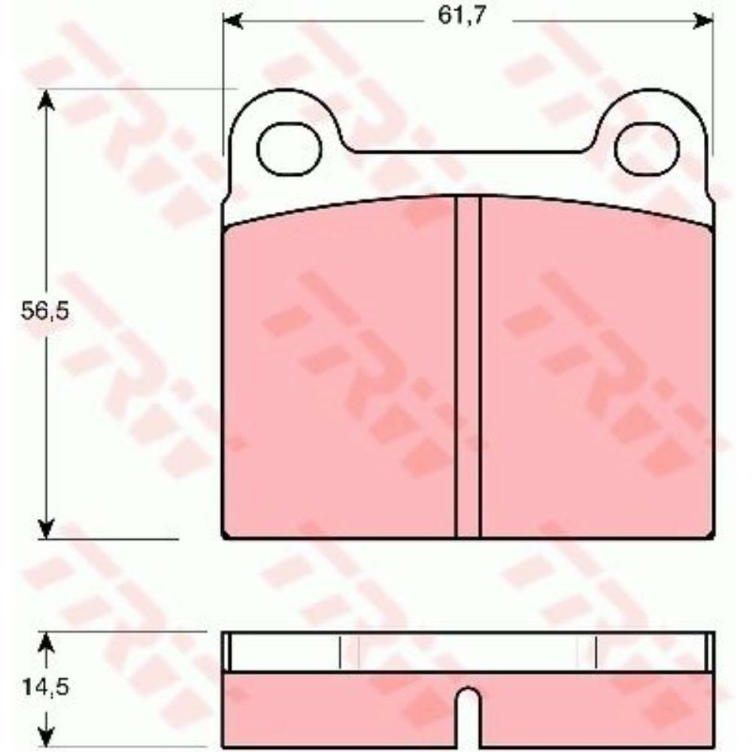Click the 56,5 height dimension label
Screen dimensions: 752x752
click(45, 311)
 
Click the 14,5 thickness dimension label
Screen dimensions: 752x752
click(46, 687)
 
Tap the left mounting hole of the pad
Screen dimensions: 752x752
click(290, 149)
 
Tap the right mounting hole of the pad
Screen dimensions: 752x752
click(647, 147)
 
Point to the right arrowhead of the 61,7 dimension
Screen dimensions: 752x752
click(704, 21)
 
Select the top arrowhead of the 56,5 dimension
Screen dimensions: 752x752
click(46, 101)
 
